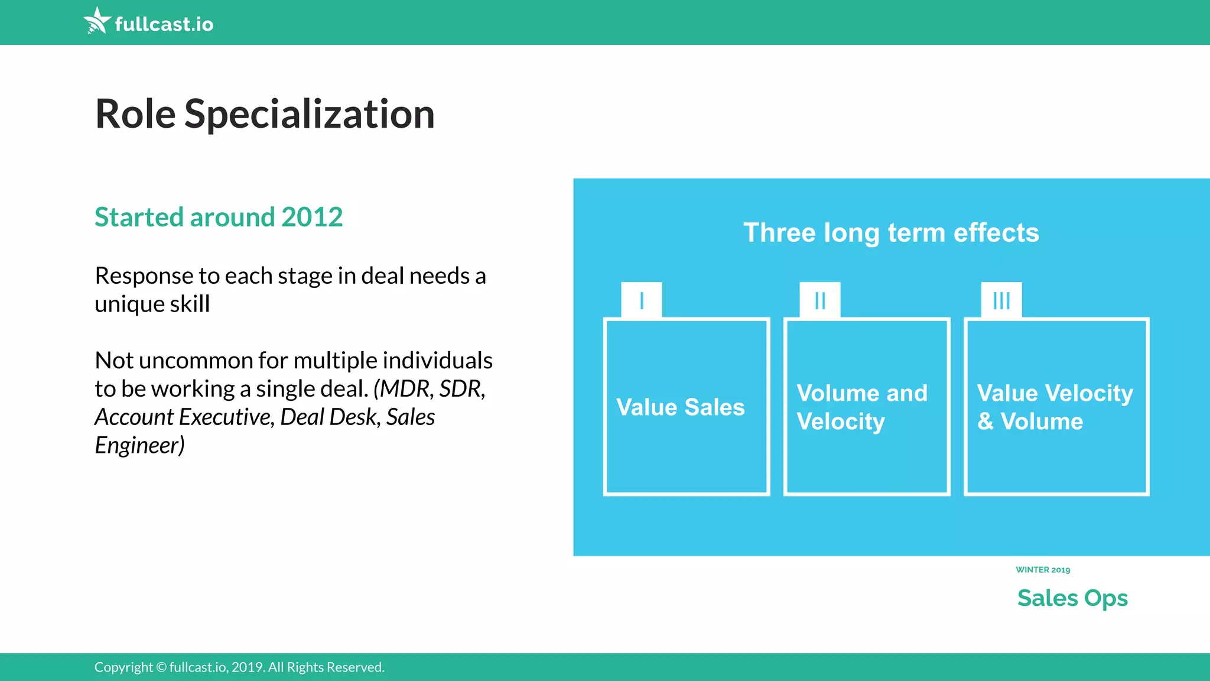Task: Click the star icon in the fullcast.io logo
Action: (97, 21)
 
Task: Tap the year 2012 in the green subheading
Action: (311, 217)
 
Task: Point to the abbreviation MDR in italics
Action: (405, 389)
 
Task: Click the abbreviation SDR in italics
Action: (461, 389)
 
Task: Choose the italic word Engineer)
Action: (139, 445)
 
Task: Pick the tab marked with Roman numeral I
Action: (641, 300)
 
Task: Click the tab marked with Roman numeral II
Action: (819, 300)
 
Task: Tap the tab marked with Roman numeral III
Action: (1001, 300)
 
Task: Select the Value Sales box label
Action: (680, 407)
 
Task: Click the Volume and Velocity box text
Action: (861, 407)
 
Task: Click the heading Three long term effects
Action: (890, 233)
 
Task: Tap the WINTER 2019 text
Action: (1042, 570)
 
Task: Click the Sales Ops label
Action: (1072, 598)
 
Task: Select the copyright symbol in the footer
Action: (161, 667)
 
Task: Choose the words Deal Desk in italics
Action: (328, 417)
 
